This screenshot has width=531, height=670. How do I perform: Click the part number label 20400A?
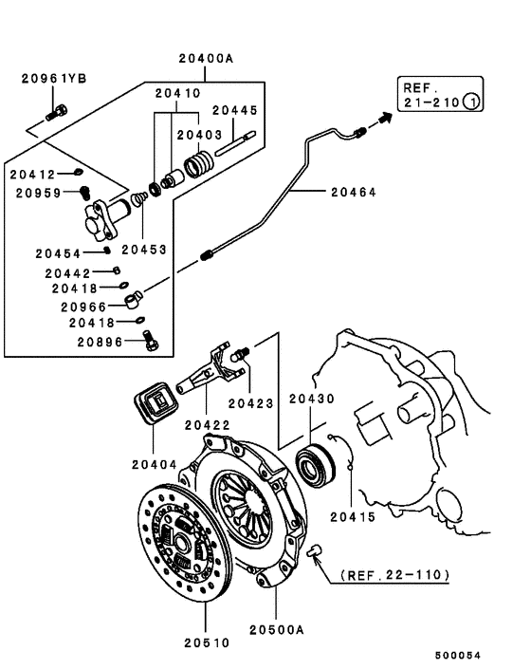pos(205,58)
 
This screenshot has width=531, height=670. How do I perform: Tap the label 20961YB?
pos(53,79)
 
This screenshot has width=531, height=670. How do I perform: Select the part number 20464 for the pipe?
pos(354,192)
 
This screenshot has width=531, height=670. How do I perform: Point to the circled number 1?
pos(471,102)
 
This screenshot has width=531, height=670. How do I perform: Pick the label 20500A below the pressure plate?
pos(277,628)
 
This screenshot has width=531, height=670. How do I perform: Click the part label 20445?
pos(234,110)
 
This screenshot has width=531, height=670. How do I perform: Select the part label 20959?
pos(39,193)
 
